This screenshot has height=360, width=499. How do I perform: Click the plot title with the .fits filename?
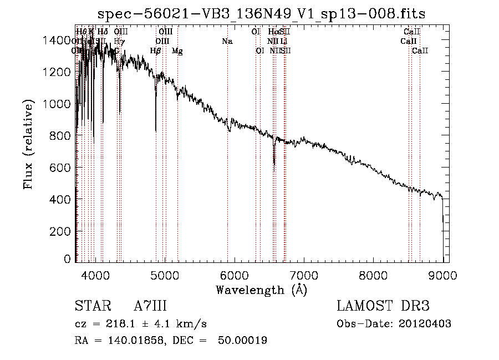click(x=261, y=14)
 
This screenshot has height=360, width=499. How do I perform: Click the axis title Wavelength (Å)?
click(x=261, y=290)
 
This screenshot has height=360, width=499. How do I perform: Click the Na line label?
click(x=227, y=42)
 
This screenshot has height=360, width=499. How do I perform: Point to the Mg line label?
click(x=177, y=51)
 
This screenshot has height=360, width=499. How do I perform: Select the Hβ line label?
click(x=156, y=51)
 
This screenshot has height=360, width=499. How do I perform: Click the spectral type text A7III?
click(x=150, y=306)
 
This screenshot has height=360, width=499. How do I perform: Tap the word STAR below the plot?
click(x=93, y=306)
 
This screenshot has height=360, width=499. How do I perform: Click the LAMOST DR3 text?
click(x=383, y=306)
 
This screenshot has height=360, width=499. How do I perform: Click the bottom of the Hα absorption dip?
click(x=274, y=164)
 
